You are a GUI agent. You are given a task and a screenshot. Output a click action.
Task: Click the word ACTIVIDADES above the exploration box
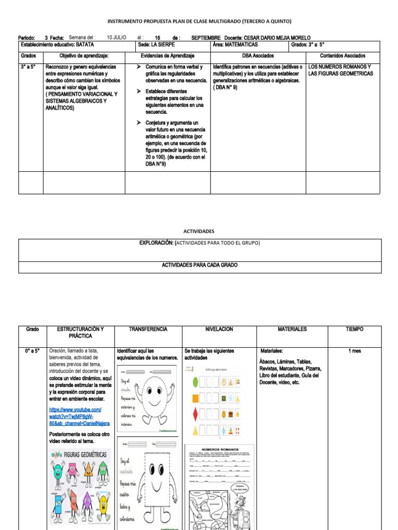199,231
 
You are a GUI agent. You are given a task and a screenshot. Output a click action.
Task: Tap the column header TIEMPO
355,329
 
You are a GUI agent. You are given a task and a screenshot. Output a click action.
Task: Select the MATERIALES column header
292,329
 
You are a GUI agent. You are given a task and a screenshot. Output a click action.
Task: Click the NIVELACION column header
219,329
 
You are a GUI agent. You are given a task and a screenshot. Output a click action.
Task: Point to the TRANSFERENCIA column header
148,329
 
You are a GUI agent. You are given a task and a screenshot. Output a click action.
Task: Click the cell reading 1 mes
355,351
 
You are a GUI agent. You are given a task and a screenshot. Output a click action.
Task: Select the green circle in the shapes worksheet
195,382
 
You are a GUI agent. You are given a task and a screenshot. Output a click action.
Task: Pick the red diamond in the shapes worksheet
195,415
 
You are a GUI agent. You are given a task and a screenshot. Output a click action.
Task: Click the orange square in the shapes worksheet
195,398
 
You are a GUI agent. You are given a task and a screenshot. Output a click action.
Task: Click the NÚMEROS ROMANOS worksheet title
219,449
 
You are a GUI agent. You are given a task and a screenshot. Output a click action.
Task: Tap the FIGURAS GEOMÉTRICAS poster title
85,454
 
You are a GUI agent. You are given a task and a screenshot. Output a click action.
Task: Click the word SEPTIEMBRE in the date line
206,38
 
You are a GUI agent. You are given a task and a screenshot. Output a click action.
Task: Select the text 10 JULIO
117,38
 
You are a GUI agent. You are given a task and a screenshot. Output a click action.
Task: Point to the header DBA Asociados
258,56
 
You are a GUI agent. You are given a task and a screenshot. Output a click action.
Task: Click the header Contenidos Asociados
343,56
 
